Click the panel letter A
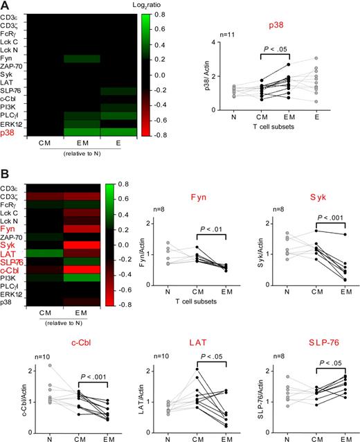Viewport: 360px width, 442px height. [x=6, y=6]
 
